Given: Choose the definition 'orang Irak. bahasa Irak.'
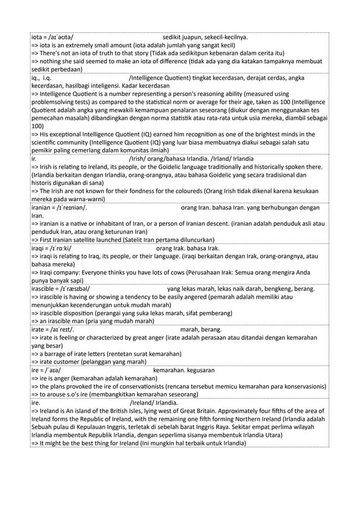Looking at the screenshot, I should point(187,248).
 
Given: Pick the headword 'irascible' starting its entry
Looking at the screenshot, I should point(46,289).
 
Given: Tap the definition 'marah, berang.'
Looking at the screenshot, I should point(201,329).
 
